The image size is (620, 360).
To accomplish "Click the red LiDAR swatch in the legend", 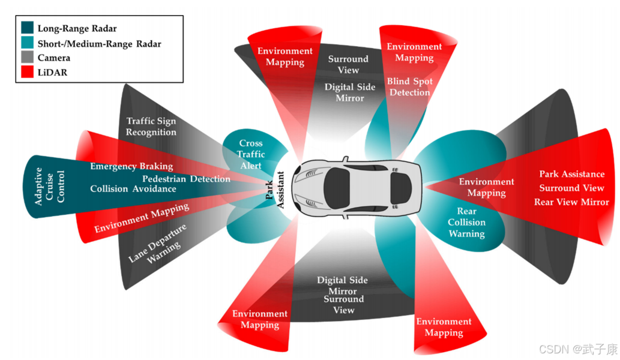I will [x=28, y=73].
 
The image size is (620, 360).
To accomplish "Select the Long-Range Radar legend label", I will [x=77, y=28].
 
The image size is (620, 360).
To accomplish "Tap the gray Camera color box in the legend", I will [x=28, y=58].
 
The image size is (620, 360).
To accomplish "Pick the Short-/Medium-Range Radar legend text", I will [x=99, y=43].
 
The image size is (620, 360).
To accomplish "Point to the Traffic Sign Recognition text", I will [x=151, y=127].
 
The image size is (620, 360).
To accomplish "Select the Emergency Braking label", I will [x=131, y=166].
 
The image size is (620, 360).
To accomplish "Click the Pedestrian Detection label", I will [x=186, y=179].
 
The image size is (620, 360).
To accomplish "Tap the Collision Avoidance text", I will [x=133, y=189].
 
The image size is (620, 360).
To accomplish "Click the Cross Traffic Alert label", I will [x=251, y=154].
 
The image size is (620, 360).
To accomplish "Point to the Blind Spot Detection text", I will [x=410, y=87].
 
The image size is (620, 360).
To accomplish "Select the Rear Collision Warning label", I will [x=466, y=223].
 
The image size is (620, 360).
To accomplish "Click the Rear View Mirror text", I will [x=571, y=202].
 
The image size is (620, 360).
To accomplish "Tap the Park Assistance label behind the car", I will [x=571, y=174].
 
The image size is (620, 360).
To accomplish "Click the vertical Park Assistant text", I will [x=275, y=191].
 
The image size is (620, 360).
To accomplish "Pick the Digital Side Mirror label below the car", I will [x=342, y=286].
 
